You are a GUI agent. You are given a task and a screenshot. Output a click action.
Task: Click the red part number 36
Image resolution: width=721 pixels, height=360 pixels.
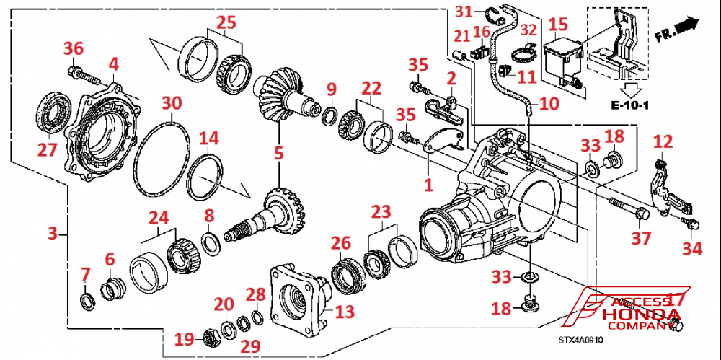pos(74,48)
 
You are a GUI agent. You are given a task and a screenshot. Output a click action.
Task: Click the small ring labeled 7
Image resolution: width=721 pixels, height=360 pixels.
pos(86,299)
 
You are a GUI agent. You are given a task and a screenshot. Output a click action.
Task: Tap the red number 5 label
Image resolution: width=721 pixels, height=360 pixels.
pos(279,153)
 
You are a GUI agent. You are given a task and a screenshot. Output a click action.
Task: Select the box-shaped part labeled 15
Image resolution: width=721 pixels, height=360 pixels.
pos(562,56)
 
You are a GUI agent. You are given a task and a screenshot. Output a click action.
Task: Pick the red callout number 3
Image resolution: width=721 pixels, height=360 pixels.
pos(52,234)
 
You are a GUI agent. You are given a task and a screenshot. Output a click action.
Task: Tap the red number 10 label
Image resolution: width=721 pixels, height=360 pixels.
pos(548,103)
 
